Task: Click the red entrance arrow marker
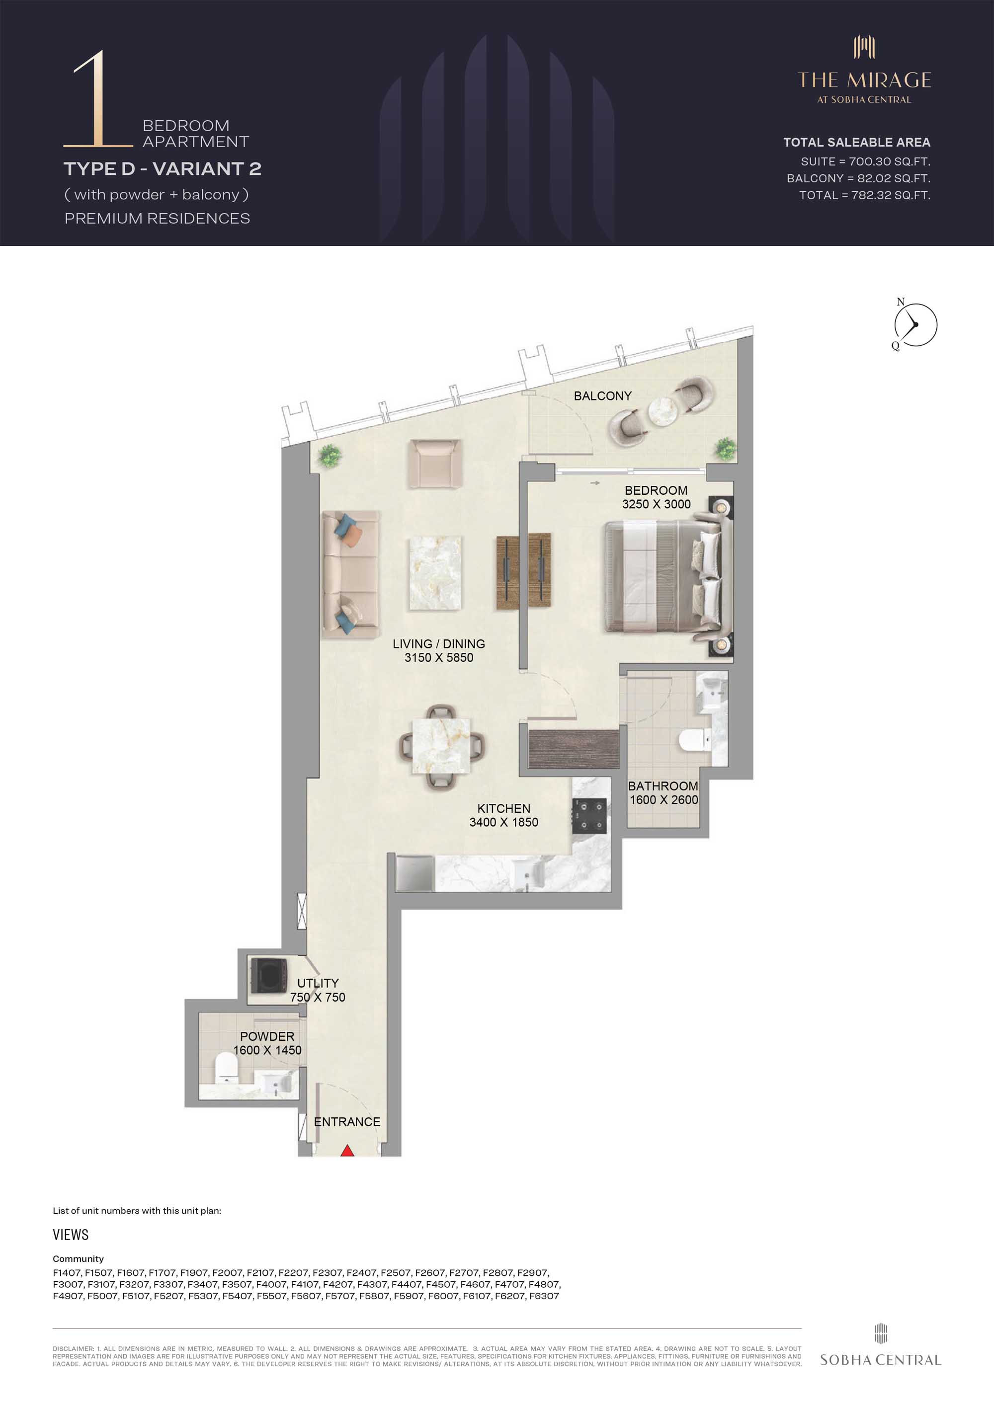[x=347, y=1151]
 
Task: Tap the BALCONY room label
[x=602, y=396]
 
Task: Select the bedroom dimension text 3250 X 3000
[x=656, y=504]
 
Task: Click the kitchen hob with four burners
[x=589, y=816]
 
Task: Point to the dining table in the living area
[x=441, y=746]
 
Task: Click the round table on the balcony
[x=663, y=411]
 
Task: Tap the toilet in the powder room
[x=227, y=1068]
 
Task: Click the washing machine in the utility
[x=265, y=975]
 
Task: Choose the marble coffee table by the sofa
[x=435, y=572]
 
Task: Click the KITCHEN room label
[x=504, y=808]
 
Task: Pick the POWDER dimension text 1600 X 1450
[x=267, y=1050]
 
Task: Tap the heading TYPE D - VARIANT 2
[x=162, y=168]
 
